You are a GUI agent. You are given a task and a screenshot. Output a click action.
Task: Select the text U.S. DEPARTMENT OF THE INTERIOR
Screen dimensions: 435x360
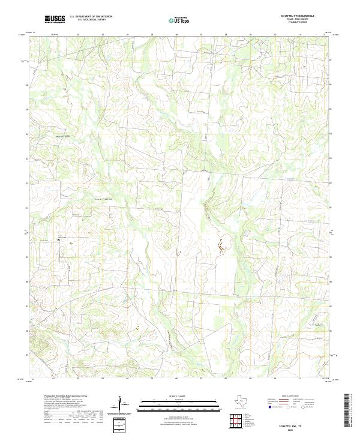pyautogui.click(x=91, y=17)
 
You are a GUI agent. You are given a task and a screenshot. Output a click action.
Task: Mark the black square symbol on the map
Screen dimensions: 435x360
pyautogui.click(x=58, y=240)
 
